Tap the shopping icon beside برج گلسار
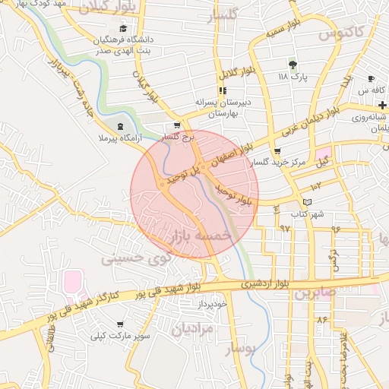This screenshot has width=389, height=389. pos(177,126)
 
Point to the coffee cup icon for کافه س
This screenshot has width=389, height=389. pos(371,79)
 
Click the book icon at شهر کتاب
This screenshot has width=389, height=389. pos(307,202)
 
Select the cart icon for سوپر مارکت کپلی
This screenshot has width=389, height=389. pos(119,324)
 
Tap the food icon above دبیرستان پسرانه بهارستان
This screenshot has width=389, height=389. pos(223,91)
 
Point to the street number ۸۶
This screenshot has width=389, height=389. pos(322,319)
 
